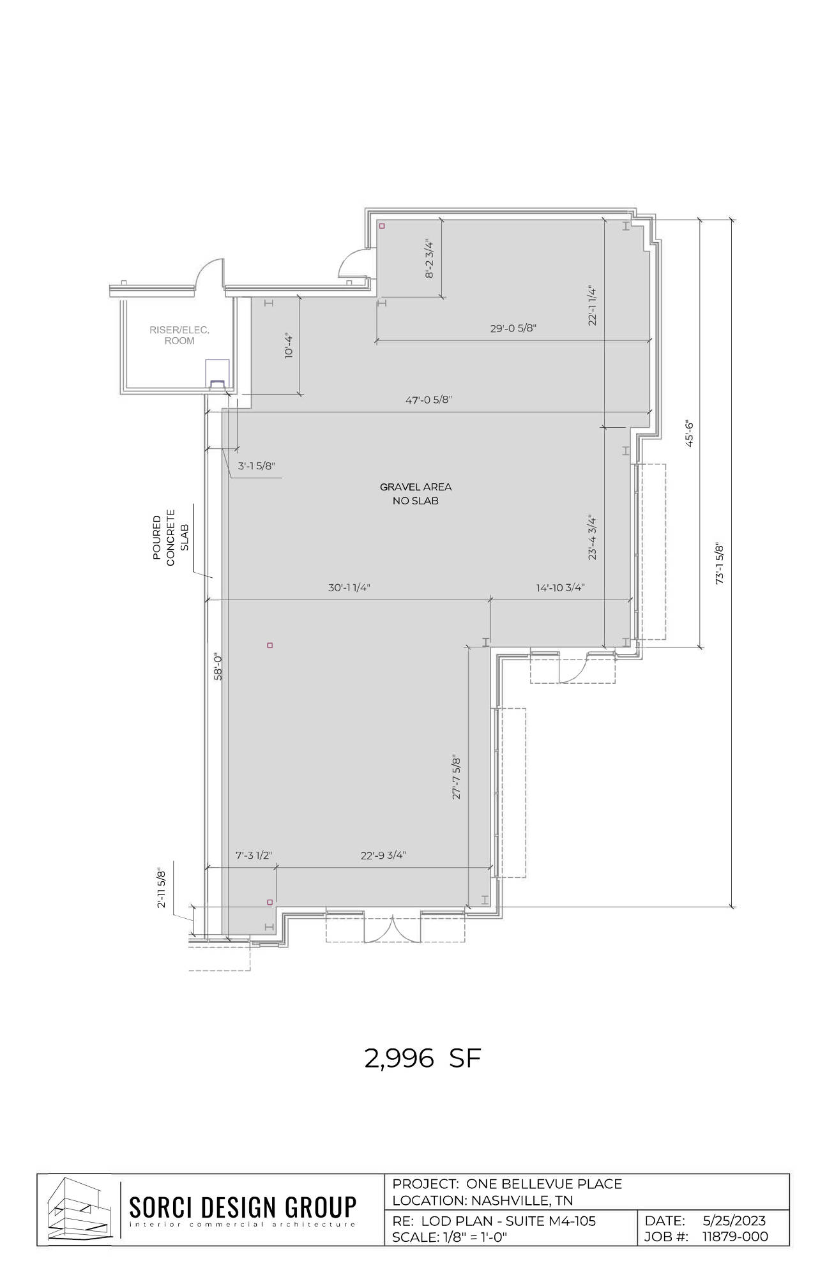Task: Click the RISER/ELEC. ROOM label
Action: pyautogui.click(x=179, y=335)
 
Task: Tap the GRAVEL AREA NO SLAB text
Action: pyautogui.click(x=416, y=494)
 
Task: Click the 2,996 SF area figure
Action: pyautogui.click(x=422, y=1058)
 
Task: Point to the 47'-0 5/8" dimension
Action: pyautogui.click(x=429, y=400)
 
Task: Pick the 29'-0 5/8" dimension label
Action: pyautogui.click(x=513, y=328)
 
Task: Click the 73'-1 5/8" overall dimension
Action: pyautogui.click(x=720, y=564)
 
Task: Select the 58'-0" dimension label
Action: pyautogui.click(x=218, y=667)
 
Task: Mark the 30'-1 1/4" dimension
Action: pyautogui.click(x=349, y=587)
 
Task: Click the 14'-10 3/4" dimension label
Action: pyautogui.click(x=561, y=587)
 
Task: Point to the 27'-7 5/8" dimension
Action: pyautogui.click(x=457, y=777)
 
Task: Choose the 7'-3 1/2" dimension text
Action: pyautogui.click(x=254, y=855)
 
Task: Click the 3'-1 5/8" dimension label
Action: pyautogui.click(x=257, y=465)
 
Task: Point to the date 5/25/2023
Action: pyautogui.click(x=734, y=1220)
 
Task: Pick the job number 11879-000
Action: pyautogui.click(x=735, y=1236)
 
